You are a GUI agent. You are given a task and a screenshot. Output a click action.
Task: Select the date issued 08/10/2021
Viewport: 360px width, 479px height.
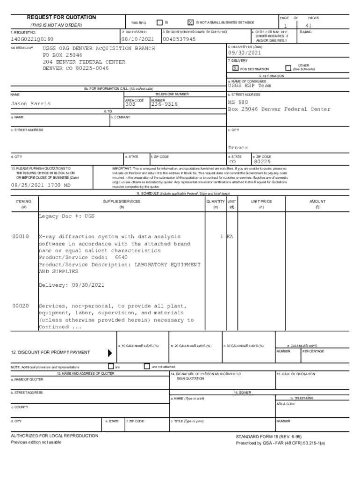tap(137, 39)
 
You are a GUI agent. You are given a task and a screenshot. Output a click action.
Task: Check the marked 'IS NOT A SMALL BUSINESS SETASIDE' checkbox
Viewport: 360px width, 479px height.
tap(190, 22)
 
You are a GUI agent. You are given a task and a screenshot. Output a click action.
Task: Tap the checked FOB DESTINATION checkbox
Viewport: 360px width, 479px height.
tap(235, 68)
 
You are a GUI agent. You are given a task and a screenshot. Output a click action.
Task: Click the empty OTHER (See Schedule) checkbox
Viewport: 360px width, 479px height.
tap(288, 68)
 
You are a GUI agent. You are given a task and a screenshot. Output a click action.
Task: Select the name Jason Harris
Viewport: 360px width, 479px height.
tap(30, 104)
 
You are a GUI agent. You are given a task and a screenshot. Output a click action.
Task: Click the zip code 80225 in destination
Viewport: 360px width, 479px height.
tap(262, 162)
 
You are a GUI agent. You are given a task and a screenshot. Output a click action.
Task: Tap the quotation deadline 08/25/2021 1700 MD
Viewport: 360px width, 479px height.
tap(41, 185)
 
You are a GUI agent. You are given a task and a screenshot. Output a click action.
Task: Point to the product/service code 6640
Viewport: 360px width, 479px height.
tap(121, 258)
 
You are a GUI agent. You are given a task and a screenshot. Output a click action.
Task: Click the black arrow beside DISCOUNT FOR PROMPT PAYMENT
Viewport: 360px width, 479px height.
tap(110, 353)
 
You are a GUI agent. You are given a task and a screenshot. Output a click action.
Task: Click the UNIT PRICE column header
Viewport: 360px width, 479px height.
tap(261, 202)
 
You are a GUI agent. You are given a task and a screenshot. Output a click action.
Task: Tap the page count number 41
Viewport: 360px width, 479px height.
tap(308, 26)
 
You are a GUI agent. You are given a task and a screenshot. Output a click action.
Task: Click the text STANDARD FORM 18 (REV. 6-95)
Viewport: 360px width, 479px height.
tap(268, 436)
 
